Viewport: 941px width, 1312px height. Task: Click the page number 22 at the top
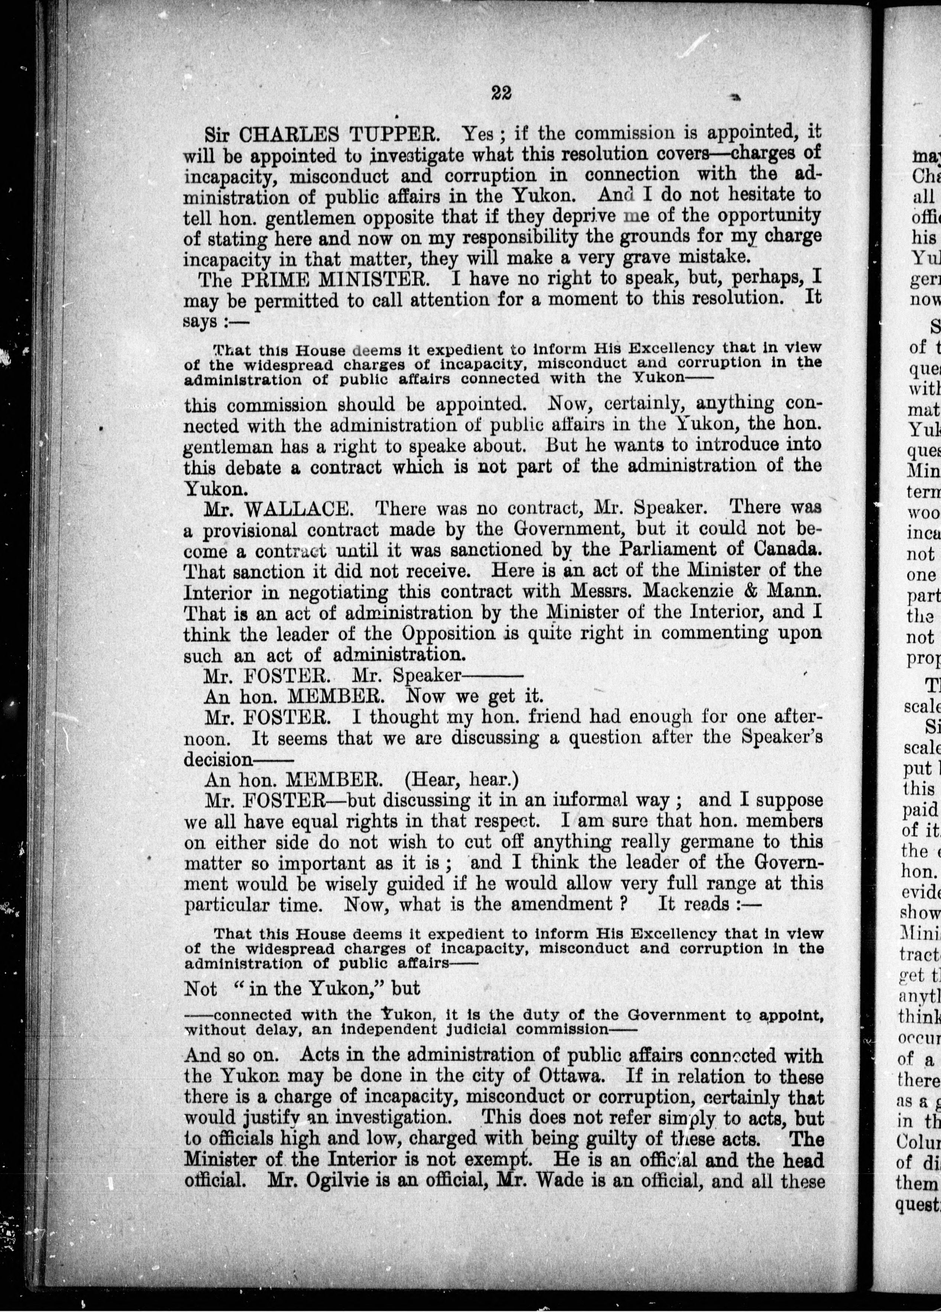(501, 93)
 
